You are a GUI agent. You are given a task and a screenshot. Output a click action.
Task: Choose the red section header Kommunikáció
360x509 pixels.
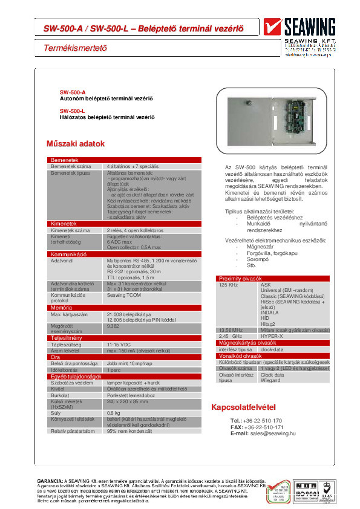68,254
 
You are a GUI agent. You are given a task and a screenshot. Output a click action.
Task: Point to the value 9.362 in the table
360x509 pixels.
113,325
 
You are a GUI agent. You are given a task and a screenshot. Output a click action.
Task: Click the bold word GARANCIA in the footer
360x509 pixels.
50,481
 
